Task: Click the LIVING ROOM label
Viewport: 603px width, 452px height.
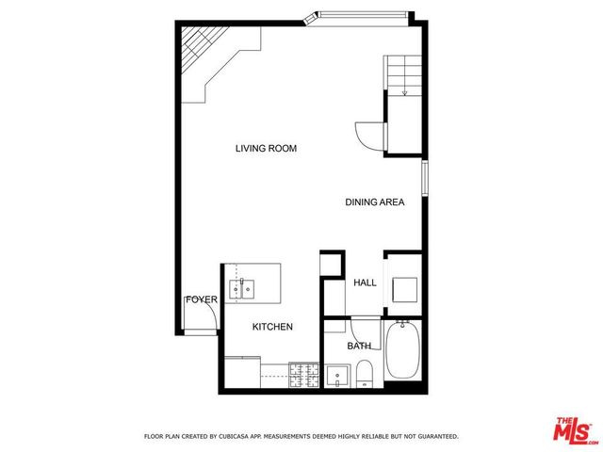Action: coord(267,148)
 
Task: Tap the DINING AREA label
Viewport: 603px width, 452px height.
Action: coord(374,202)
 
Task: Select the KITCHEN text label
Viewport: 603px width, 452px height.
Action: coord(272,327)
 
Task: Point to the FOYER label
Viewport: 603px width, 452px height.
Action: coord(201,299)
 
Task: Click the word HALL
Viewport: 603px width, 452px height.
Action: coord(365,282)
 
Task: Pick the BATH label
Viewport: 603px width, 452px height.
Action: coord(359,346)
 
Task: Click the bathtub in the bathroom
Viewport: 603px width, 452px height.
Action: coord(403,350)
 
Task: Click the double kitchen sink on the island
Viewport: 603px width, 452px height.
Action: coord(242,287)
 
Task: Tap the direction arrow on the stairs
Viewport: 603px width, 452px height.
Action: coord(404,90)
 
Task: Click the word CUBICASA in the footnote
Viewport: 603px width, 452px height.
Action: coord(234,437)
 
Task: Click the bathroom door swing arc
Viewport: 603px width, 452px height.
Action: coord(359,329)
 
